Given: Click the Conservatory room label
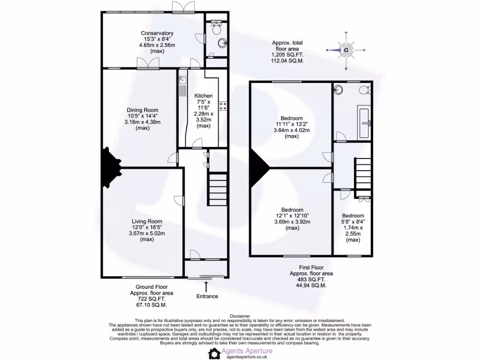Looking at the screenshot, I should (157, 33).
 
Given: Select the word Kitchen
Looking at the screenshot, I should (203, 96).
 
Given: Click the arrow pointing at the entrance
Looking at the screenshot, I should (207, 286).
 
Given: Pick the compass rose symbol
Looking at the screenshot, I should (346, 50).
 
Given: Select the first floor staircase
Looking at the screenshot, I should (363, 172).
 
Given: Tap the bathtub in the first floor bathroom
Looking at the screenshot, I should (365, 122).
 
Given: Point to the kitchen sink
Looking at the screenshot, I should (182, 86).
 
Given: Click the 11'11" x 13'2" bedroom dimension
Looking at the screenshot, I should (292, 124).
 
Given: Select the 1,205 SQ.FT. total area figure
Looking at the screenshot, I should (285, 54).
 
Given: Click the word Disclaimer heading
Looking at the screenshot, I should (240, 316).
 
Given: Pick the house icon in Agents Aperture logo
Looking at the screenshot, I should (214, 353).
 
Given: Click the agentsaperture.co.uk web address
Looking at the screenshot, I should (248, 357).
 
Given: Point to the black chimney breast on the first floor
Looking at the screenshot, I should (258, 166).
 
